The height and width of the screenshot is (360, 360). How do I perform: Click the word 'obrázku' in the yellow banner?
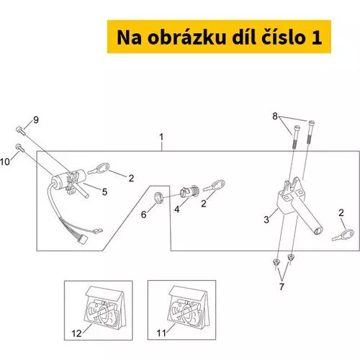(186, 37)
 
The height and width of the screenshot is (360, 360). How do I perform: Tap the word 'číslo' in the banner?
(283, 37)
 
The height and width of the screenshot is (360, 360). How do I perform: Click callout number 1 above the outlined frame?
(161, 138)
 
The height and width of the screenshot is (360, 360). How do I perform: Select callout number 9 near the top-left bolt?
(36, 120)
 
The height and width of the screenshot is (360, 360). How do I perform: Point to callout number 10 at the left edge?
(5, 162)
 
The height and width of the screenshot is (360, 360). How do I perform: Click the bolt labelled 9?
(20, 130)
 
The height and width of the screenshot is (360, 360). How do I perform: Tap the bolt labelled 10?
(20, 148)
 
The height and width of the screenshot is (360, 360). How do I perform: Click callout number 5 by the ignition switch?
(104, 192)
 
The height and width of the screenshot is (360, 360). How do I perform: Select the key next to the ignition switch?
(99, 168)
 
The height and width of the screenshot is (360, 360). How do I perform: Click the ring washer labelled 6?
(158, 197)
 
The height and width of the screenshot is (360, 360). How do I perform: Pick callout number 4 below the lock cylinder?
(177, 210)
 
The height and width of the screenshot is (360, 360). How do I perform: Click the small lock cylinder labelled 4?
(189, 192)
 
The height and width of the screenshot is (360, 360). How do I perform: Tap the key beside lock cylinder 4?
(214, 186)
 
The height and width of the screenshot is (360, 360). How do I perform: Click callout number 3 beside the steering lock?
(266, 220)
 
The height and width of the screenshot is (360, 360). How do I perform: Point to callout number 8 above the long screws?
(275, 116)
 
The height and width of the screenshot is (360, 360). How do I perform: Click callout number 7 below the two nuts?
(282, 287)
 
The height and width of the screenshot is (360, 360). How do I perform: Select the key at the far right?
(343, 235)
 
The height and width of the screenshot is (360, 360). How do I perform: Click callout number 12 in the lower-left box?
(76, 333)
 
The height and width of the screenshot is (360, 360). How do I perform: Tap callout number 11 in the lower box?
(161, 333)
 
